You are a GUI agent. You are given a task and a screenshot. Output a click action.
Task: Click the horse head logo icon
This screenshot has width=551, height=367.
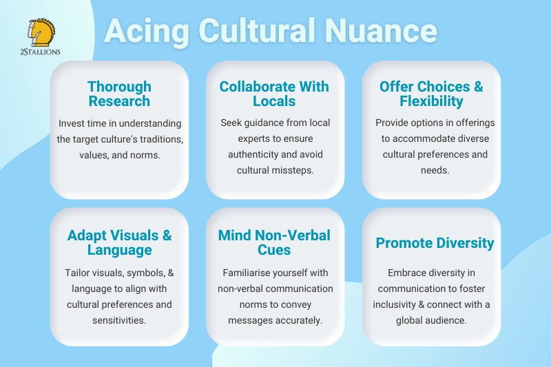pos(41,32)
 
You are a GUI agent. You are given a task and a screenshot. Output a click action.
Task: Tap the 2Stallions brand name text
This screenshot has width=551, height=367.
pos(40,52)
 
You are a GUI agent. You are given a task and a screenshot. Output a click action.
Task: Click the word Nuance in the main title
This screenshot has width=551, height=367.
pos(381,31)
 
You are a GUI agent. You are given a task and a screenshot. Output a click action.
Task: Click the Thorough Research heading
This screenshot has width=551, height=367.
pos(119,94)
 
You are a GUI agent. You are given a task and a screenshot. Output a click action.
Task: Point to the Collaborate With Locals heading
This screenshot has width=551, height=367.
pos(274,94)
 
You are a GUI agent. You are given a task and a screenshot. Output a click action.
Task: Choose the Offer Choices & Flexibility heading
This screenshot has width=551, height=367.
pos(432,94)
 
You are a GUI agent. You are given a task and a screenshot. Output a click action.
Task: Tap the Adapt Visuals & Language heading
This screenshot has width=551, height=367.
pos(119,242)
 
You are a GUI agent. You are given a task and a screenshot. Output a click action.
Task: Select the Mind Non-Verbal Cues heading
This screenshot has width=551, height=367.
pos(274,242)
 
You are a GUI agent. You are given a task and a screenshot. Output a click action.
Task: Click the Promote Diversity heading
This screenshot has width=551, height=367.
pos(435,243)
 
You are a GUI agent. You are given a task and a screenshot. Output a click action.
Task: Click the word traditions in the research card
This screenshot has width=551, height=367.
pos(162,139)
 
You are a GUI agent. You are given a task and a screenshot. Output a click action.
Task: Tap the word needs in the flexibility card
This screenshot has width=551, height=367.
pos(435,171)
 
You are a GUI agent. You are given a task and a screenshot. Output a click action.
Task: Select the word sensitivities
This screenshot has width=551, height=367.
pos(119,320)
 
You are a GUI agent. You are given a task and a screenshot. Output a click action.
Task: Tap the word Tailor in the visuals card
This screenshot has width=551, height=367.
pos(76,273)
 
